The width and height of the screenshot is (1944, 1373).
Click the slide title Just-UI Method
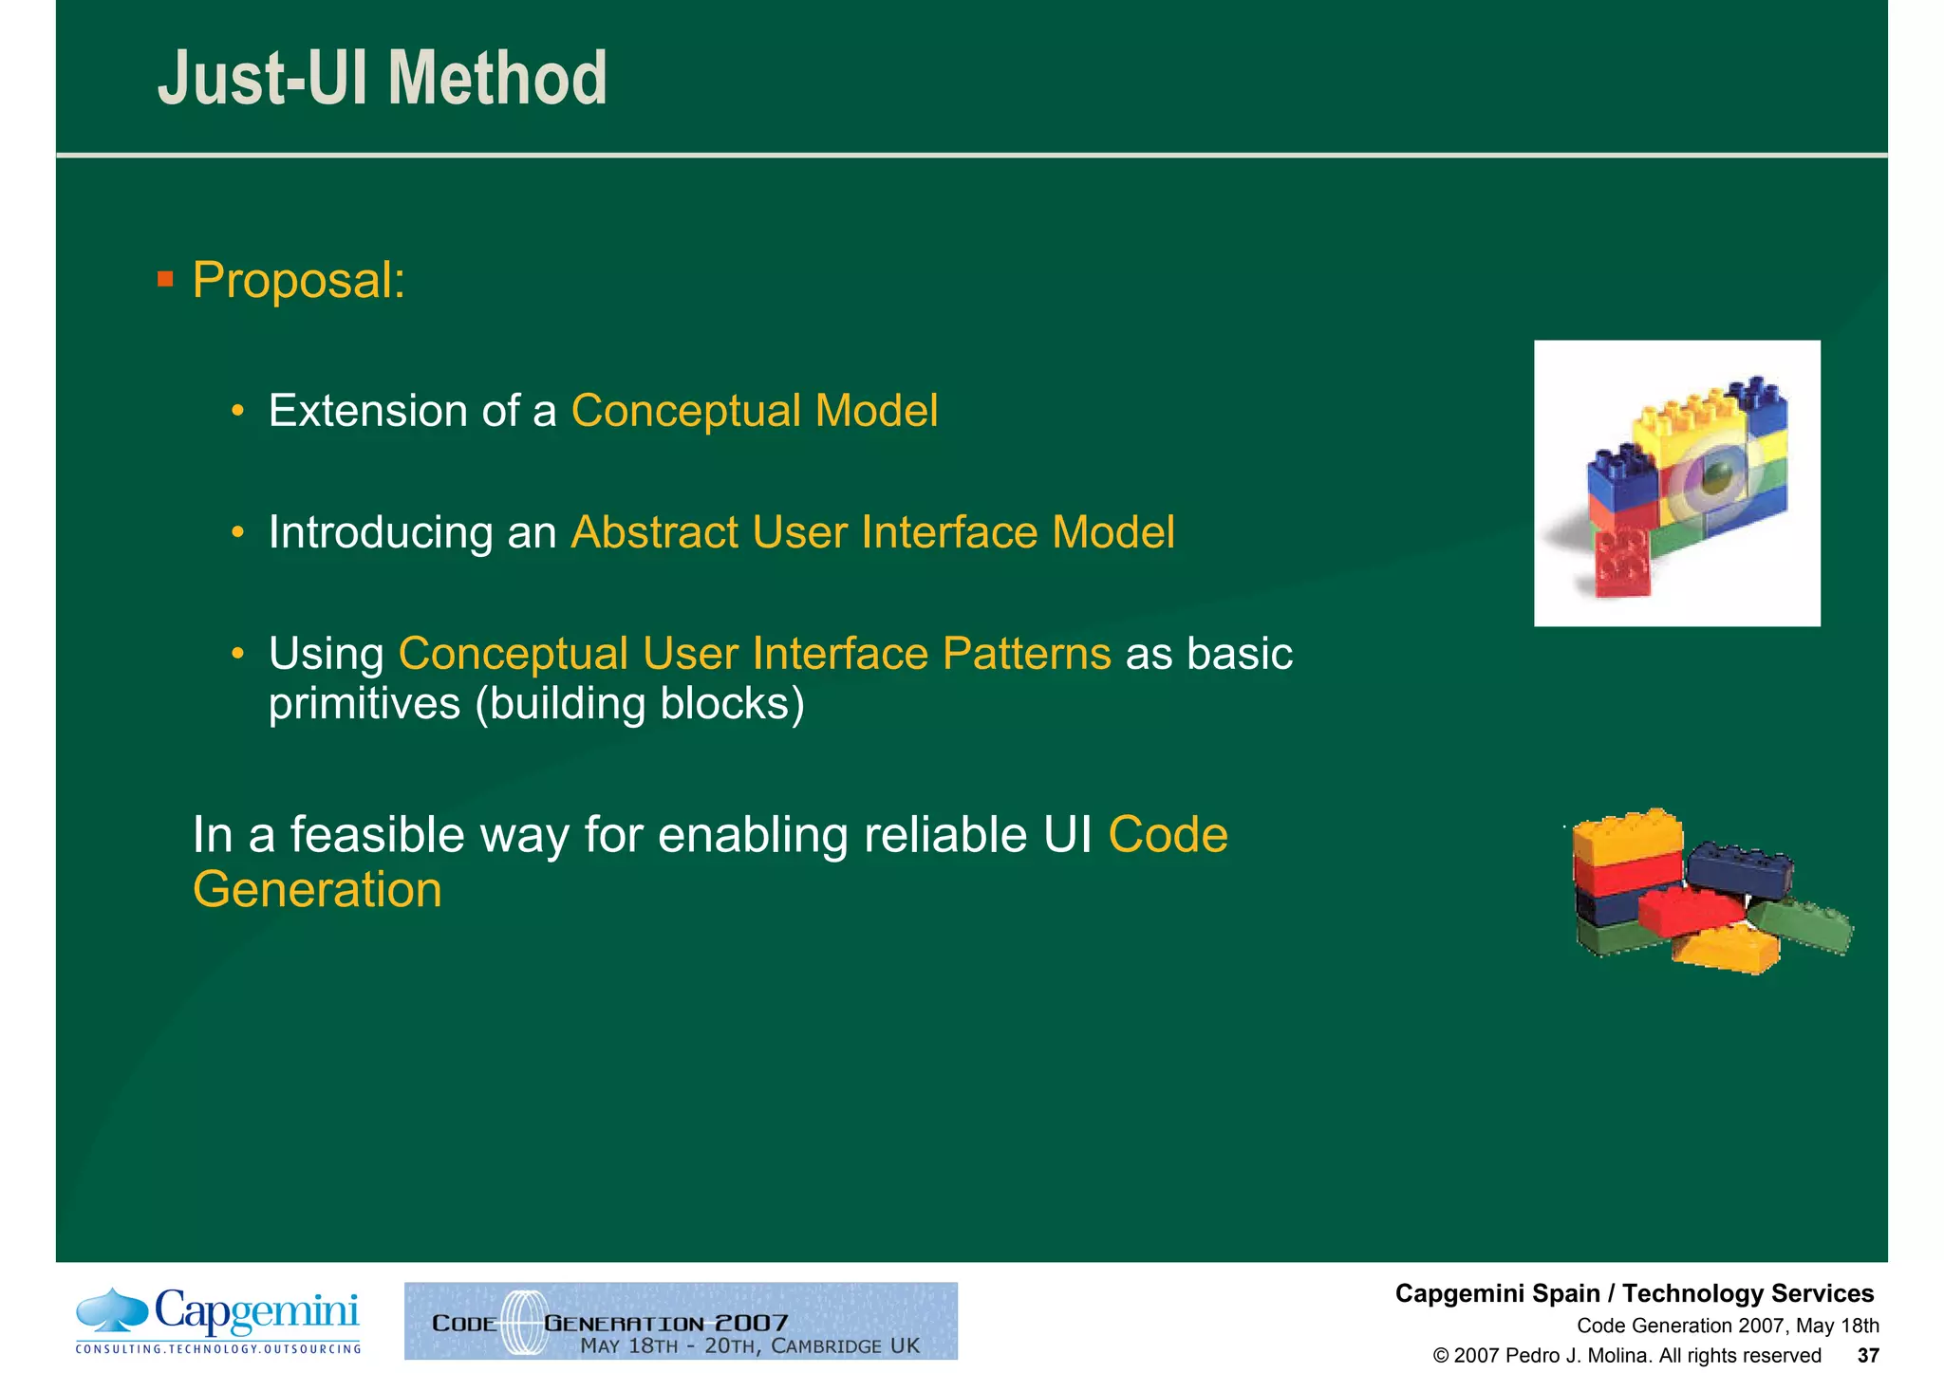tap(382, 79)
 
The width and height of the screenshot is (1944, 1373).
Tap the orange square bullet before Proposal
tap(165, 279)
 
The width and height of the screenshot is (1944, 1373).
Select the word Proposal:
tap(299, 281)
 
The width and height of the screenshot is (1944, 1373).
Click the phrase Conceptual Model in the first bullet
tap(754, 411)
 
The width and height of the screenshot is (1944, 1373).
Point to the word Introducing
tap(380, 532)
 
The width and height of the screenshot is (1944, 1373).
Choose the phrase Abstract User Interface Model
tap(872, 532)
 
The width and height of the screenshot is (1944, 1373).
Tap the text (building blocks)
tap(639, 704)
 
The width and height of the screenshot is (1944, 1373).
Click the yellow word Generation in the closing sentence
tap(317, 890)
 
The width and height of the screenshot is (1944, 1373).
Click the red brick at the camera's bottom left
tap(1622, 562)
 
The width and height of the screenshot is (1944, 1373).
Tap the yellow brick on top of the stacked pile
tap(1627, 835)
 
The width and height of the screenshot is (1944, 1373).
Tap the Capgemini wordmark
tap(256, 1311)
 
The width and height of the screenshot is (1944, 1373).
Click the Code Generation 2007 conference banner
tap(681, 1321)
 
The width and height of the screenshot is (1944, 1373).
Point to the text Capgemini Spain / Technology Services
tap(1634, 1293)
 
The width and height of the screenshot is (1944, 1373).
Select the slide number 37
tap(1868, 1355)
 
